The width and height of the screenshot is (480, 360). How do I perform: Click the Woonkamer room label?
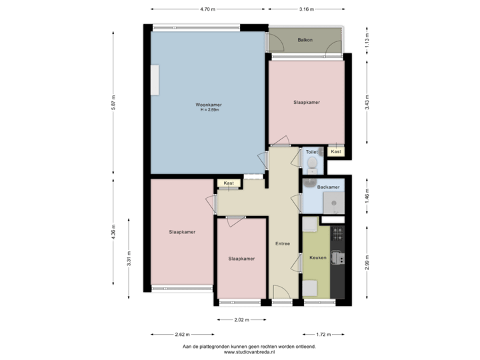coord(209,105)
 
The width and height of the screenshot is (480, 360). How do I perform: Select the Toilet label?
coord(311,152)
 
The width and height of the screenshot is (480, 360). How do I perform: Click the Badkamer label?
coord(329,187)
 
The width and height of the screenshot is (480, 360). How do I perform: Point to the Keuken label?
coord(318,257)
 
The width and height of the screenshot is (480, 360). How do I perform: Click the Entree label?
coord(283,243)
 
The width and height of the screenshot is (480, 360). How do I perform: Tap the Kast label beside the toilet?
coord(336,152)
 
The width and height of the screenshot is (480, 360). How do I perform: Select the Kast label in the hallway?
coord(229,183)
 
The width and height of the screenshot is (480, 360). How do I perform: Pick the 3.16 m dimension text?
coord(306,9)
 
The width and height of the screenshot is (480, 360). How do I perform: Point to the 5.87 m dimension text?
coord(113,101)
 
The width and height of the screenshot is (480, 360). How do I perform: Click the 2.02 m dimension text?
coord(241,320)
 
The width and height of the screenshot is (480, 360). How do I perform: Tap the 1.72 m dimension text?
coord(323,334)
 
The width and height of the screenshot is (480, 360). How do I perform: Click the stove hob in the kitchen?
coord(338,233)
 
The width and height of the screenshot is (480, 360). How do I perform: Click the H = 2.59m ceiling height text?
coord(209,110)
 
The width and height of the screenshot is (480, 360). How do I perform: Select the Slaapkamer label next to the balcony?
coord(306,103)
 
